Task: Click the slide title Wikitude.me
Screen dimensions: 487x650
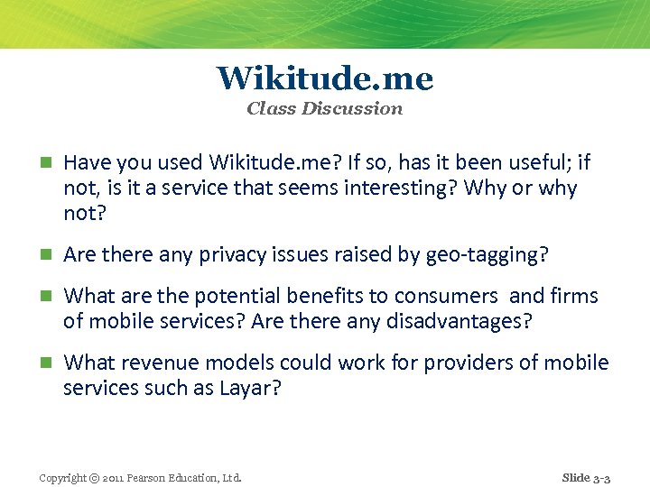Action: click(325, 78)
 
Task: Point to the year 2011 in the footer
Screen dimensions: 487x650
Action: click(116, 477)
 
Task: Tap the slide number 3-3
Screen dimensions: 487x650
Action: click(601, 477)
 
